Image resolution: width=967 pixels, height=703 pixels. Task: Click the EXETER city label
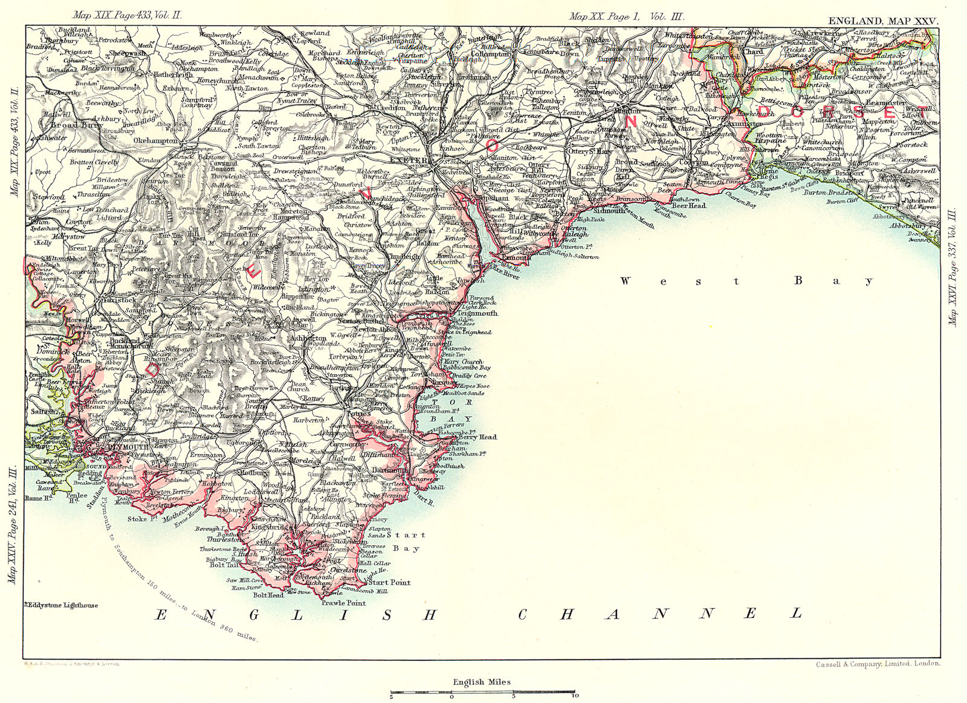pos(409,161)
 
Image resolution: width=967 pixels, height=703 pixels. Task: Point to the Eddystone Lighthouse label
pos(62,605)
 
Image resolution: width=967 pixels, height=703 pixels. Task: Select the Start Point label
pos(390,582)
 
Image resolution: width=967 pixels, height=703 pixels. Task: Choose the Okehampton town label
pos(156,141)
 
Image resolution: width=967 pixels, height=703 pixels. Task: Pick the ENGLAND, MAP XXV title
pos(883,21)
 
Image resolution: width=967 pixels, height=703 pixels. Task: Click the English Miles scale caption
pos(482,682)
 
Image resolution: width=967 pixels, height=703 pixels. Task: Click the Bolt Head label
pos(269,594)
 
